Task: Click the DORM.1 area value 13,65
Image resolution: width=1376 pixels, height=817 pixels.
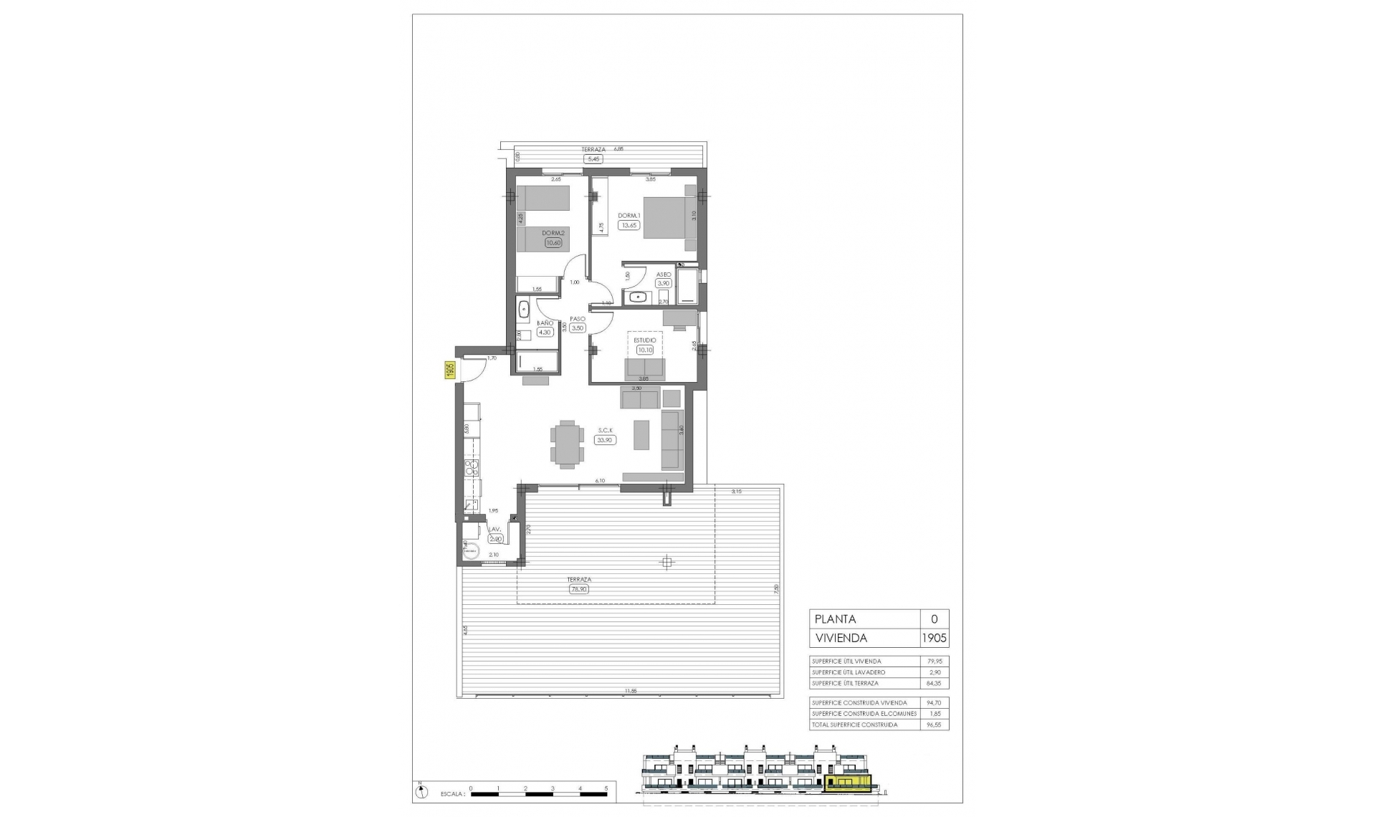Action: tap(629, 225)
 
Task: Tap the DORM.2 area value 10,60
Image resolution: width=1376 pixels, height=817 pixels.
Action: tap(553, 243)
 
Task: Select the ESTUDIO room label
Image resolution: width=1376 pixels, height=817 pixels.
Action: tap(645, 340)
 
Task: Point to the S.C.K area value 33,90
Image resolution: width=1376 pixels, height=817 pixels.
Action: tap(605, 440)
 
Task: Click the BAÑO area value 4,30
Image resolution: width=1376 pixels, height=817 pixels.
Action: tap(545, 332)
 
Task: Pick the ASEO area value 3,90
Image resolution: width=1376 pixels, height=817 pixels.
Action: tap(664, 283)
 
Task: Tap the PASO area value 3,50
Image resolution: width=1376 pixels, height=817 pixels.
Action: tap(578, 328)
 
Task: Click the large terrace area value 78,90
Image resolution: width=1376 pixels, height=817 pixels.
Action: tap(579, 589)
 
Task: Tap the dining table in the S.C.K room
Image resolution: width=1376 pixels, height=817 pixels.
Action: tap(568, 444)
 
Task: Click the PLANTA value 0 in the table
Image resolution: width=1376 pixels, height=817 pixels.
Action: tap(934, 619)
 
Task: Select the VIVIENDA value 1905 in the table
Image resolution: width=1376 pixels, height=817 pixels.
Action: tap(934, 638)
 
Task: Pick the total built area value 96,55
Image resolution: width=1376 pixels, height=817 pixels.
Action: tap(934, 725)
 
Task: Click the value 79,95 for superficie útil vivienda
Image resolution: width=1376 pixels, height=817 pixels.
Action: tap(934, 661)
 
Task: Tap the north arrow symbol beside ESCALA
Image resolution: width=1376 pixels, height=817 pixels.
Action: tap(421, 791)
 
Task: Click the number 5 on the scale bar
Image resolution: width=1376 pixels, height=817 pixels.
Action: tap(606, 788)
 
